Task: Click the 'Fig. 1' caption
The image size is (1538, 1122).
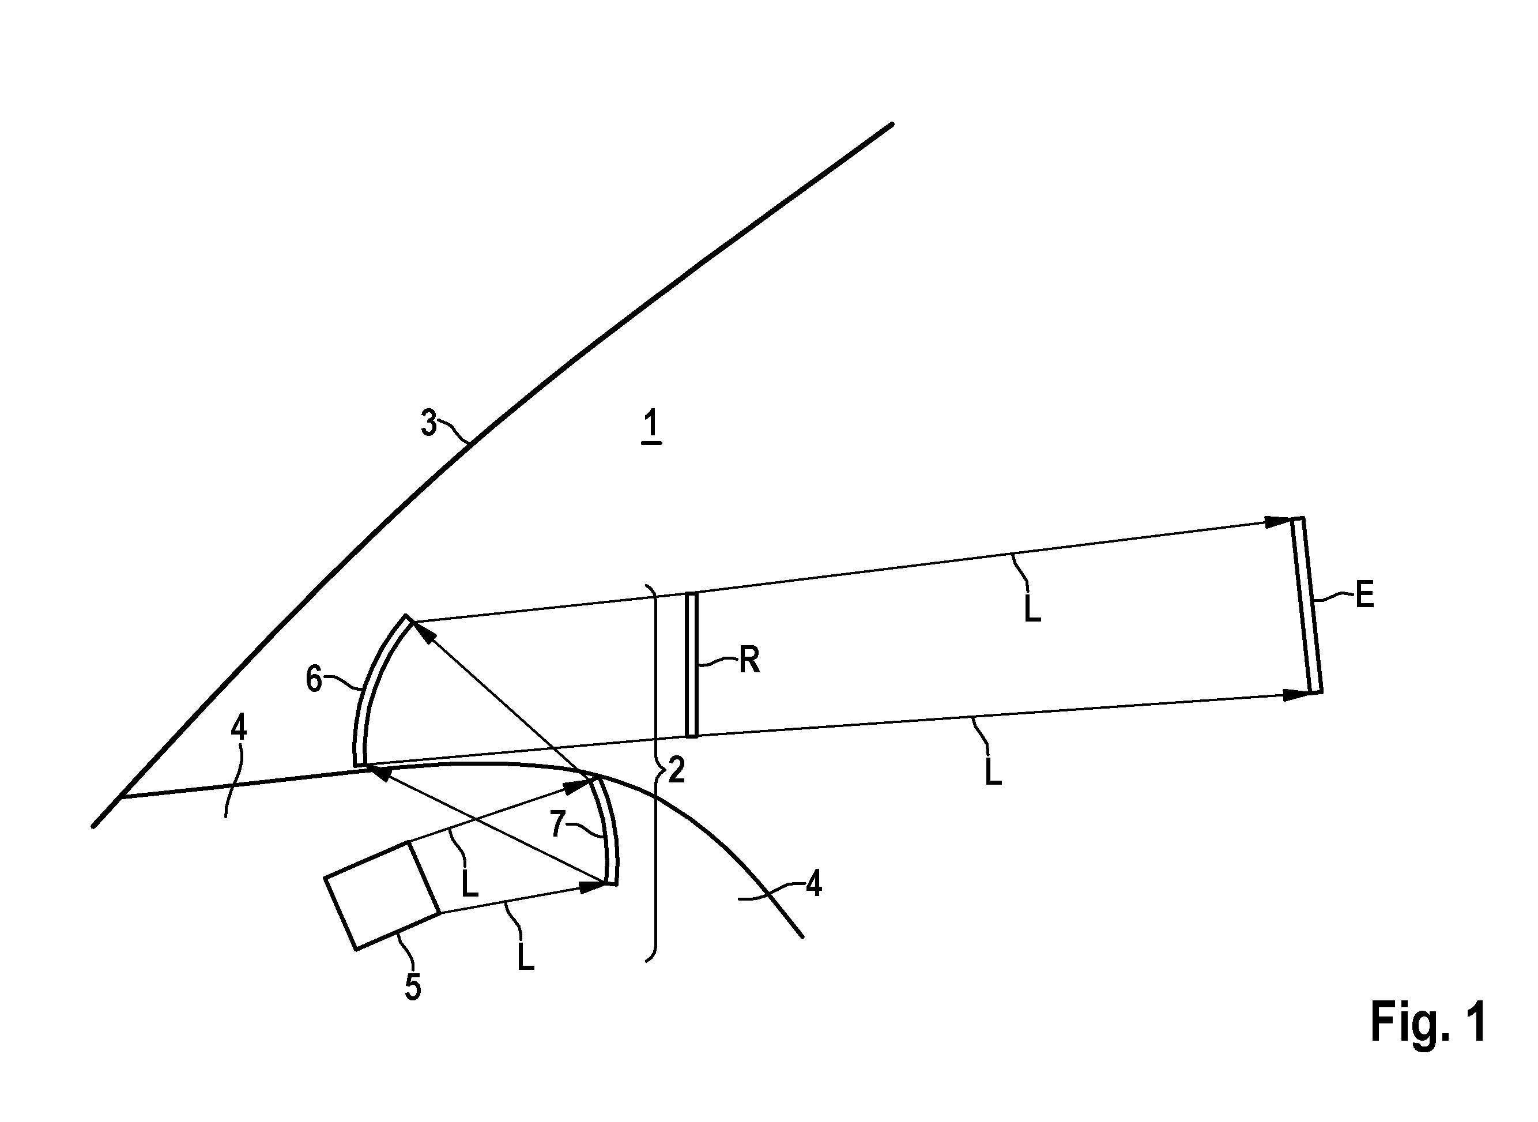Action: [1428, 1022]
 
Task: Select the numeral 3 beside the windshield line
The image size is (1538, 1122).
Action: [428, 423]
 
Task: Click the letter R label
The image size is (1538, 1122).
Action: [749, 660]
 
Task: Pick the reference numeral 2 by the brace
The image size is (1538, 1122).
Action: [676, 770]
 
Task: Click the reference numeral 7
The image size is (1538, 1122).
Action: [558, 824]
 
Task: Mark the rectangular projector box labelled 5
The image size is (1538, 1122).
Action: [382, 895]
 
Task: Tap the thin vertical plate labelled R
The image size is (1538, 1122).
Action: [691, 664]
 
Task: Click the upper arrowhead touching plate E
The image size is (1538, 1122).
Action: [1278, 522]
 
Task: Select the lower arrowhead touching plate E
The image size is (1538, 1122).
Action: [1296, 694]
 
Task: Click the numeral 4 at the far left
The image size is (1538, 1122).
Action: [238, 728]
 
